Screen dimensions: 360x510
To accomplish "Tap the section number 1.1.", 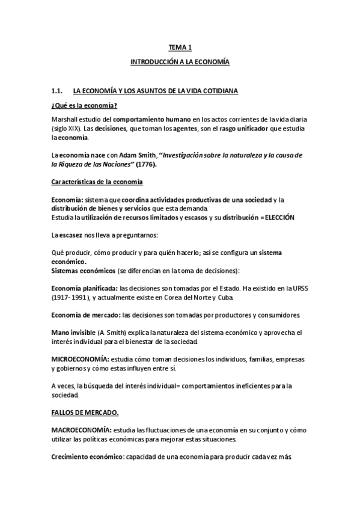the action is [x=58, y=91].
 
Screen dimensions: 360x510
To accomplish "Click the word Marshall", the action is [x=66, y=118].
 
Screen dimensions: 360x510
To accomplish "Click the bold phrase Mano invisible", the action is [x=74, y=333].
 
